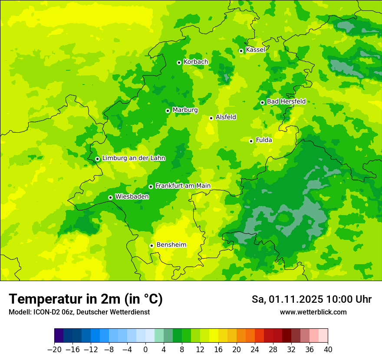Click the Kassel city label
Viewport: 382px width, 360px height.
pos(255,50)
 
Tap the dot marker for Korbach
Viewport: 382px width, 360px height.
pos(179,62)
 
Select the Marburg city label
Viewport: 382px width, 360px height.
pos(185,110)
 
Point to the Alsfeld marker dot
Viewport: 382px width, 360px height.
pos(211,118)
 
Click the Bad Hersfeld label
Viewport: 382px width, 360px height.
pos(286,101)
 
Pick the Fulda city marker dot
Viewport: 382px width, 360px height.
pos(251,141)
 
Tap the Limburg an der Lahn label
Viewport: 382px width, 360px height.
pos(133,158)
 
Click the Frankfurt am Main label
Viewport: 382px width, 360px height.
pos(183,186)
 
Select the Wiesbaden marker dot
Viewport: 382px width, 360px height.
pos(111,197)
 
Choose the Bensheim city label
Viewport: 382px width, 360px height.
pos(171,245)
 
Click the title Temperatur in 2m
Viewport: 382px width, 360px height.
pos(86,299)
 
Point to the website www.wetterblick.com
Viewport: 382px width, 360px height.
pos(313,312)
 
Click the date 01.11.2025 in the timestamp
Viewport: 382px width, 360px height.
pos(296,299)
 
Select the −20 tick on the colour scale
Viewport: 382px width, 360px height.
pos(54,350)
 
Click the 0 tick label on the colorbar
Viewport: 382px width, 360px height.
pos(145,350)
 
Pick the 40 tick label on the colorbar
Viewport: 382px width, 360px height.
pos(328,350)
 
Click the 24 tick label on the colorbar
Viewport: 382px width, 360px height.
pos(255,350)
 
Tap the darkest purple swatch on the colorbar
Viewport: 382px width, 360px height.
pos(59,336)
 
